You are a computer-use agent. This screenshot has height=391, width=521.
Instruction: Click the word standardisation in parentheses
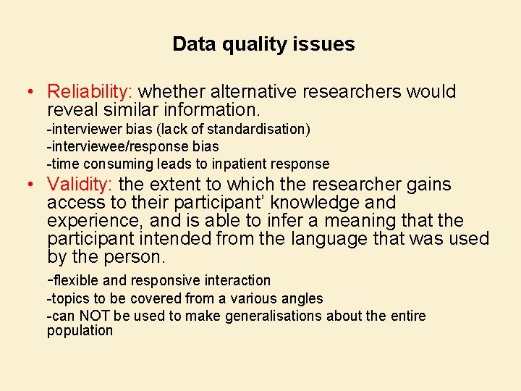point(256,129)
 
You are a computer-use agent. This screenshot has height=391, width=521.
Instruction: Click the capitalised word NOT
point(96,316)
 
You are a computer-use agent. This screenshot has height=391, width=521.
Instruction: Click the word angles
point(303,298)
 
